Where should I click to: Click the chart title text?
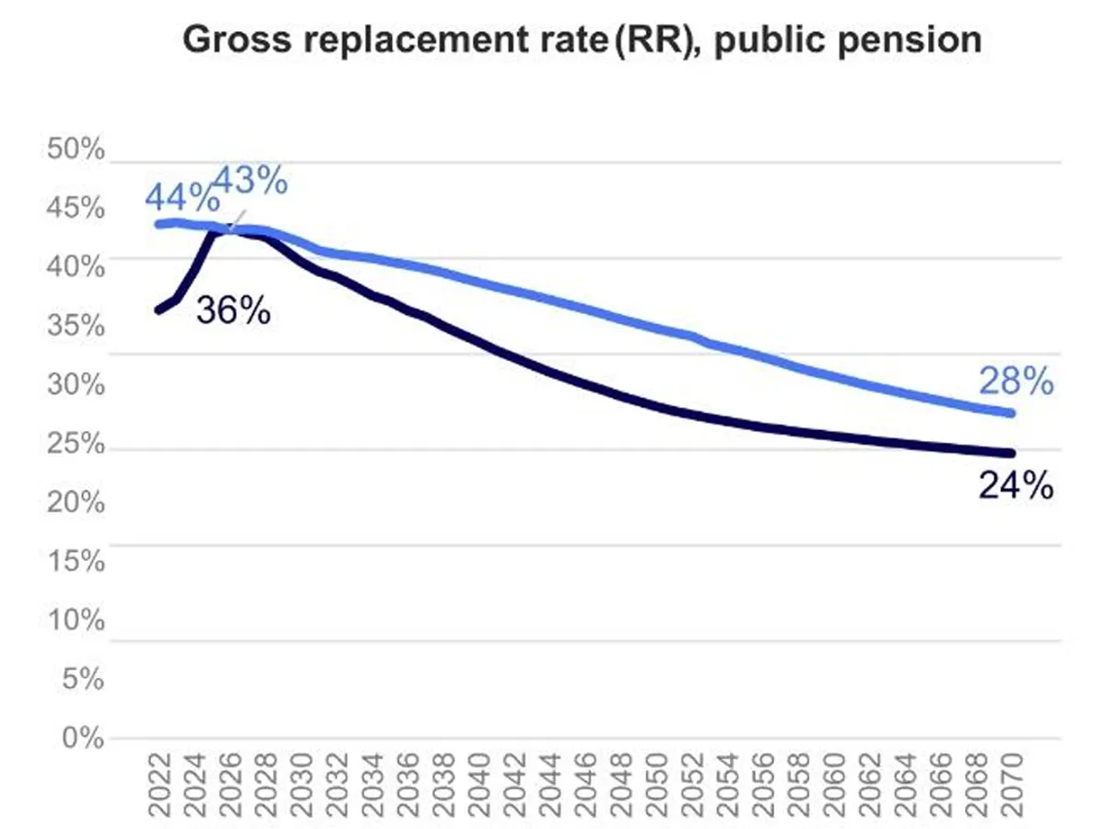point(582,41)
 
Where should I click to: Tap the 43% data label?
point(251,181)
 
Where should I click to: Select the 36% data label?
point(233,310)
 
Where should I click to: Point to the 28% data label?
point(1016,381)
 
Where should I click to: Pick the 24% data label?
point(1016,485)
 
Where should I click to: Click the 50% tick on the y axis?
point(76,150)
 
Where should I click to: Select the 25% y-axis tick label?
point(76,444)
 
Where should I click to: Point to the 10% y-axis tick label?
point(76,620)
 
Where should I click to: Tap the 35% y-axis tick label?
point(76,327)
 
